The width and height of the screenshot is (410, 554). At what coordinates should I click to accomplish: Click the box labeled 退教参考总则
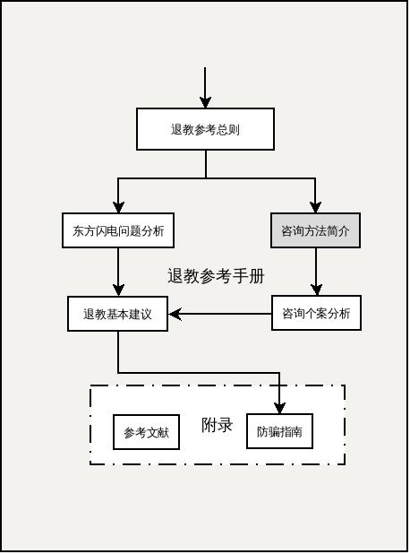[x=205, y=129]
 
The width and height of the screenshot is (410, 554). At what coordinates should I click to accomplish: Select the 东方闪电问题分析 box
[x=118, y=230]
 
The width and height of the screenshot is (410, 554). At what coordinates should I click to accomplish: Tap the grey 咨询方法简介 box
[x=315, y=230]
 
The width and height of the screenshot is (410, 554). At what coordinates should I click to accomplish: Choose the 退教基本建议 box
[x=118, y=314]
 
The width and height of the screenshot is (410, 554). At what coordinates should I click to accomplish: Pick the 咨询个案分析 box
[x=316, y=314]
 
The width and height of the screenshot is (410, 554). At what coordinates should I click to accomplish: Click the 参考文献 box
[x=146, y=432]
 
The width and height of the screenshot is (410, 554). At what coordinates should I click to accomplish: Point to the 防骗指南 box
[x=279, y=431]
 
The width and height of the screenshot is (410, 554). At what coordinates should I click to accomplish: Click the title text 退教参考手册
[x=216, y=276]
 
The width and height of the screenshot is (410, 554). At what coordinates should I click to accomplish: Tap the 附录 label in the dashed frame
[x=217, y=425]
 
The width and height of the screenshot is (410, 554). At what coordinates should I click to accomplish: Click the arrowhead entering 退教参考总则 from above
[x=206, y=102]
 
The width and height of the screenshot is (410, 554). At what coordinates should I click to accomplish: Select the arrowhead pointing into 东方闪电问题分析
[x=118, y=207]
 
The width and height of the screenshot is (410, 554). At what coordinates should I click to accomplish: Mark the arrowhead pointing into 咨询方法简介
[x=315, y=207]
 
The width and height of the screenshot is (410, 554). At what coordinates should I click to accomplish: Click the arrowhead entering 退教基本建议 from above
[x=118, y=290]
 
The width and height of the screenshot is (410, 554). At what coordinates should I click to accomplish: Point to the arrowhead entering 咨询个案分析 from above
[x=316, y=290]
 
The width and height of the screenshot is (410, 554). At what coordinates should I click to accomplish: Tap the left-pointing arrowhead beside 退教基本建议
[x=175, y=314]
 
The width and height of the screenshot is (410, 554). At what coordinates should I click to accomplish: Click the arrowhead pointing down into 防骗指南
[x=279, y=408]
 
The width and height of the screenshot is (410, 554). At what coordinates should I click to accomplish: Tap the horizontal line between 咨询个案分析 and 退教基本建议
[x=224, y=314]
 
